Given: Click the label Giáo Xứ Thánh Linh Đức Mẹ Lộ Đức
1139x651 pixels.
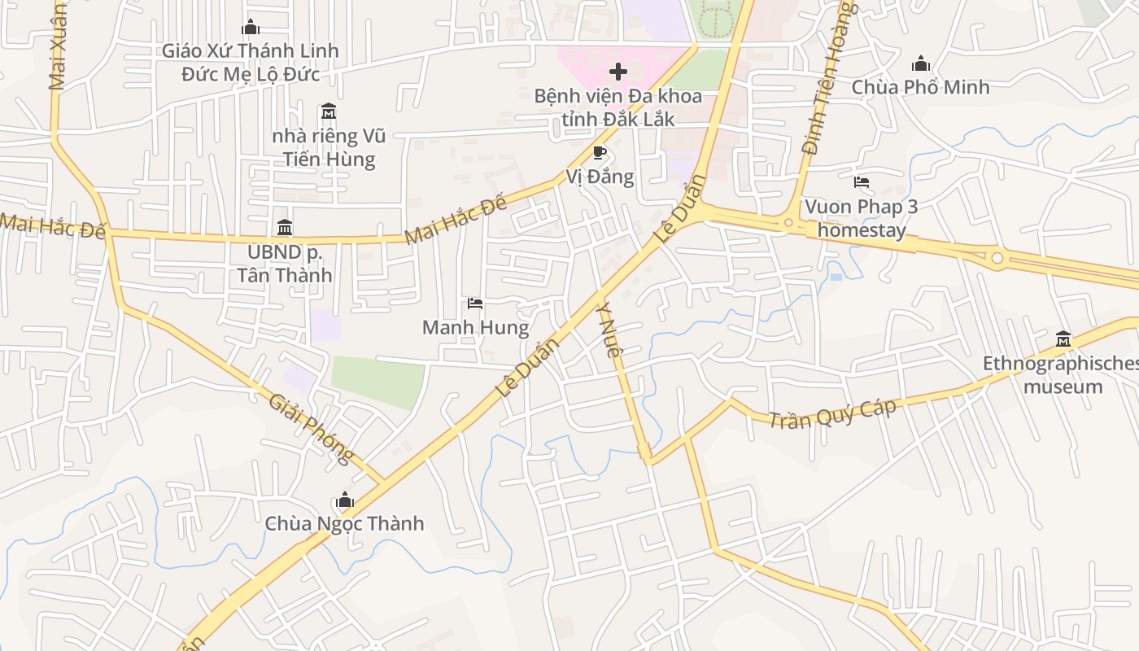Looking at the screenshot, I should (x=250, y=63).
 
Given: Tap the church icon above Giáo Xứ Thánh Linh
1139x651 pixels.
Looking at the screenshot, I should (x=251, y=27).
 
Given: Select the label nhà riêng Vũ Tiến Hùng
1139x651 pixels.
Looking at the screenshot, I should (x=329, y=147).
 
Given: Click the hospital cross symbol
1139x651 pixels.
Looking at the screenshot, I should (x=618, y=72).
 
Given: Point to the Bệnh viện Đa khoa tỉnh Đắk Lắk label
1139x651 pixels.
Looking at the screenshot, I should (x=618, y=107).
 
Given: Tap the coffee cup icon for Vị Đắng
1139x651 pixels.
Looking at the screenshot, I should (x=600, y=152).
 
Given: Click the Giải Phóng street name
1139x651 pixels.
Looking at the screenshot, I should (x=312, y=428).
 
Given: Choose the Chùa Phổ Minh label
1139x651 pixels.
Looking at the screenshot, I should (x=920, y=87).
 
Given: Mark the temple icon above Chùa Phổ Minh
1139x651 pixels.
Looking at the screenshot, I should (x=921, y=63).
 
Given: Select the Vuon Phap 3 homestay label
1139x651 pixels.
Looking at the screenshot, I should (x=862, y=218).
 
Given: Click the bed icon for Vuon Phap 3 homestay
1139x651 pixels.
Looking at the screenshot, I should (x=862, y=182).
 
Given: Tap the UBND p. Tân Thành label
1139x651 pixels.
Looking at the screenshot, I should (x=285, y=263).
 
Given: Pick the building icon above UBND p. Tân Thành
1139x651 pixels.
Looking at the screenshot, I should (x=285, y=227).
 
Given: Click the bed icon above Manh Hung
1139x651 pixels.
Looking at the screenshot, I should (x=475, y=304).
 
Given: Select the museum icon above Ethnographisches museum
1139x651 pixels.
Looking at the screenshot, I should (x=1063, y=339).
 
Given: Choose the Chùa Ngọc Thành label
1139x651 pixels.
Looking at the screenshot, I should (x=344, y=523).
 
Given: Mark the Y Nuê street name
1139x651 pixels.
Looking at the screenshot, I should (x=609, y=330).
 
